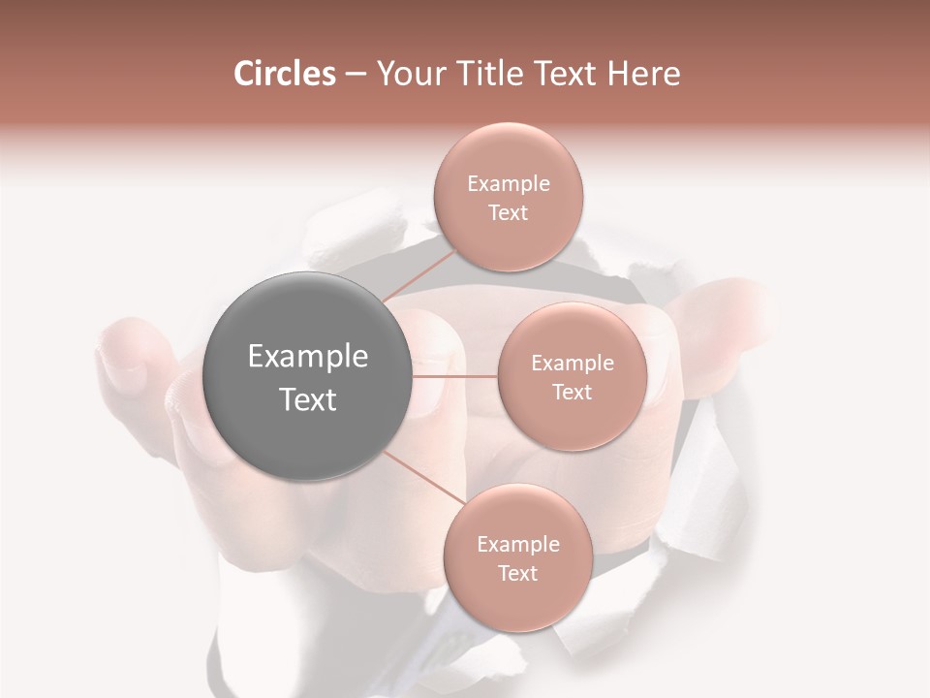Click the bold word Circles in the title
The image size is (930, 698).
(x=284, y=74)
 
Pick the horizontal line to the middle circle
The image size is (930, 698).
(x=454, y=376)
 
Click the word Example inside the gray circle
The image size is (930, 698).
(x=307, y=357)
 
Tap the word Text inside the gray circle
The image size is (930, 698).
(x=307, y=399)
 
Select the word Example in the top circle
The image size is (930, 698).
(x=508, y=184)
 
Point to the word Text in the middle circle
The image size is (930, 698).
(x=572, y=392)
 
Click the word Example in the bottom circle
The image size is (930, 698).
(x=517, y=545)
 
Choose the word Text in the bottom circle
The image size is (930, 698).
(x=517, y=574)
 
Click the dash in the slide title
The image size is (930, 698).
(x=355, y=75)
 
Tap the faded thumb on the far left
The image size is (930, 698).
(x=131, y=354)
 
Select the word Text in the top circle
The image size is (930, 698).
(x=508, y=213)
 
